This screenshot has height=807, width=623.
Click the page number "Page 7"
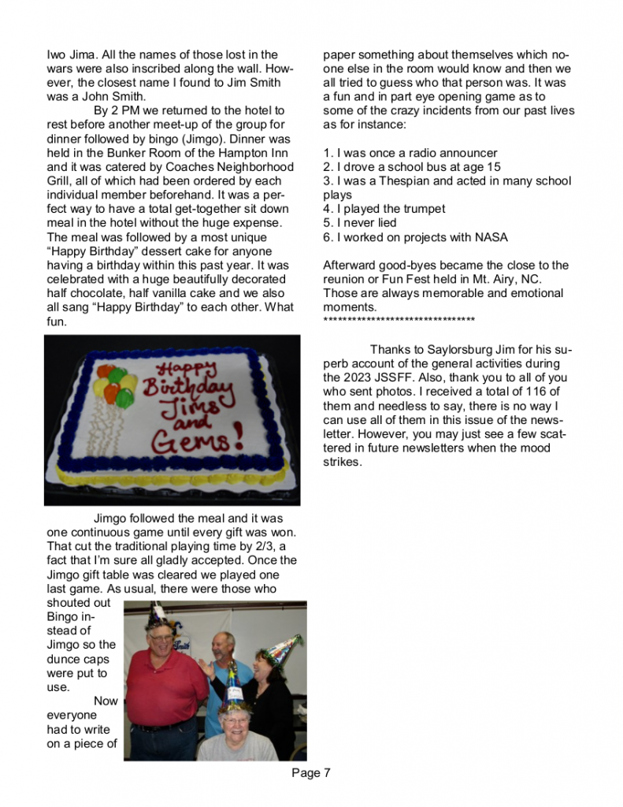pyautogui.click(x=311, y=773)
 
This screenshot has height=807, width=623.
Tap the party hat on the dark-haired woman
pyautogui.click(x=282, y=648)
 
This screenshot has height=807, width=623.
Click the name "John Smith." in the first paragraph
pyautogui.click(x=113, y=97)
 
